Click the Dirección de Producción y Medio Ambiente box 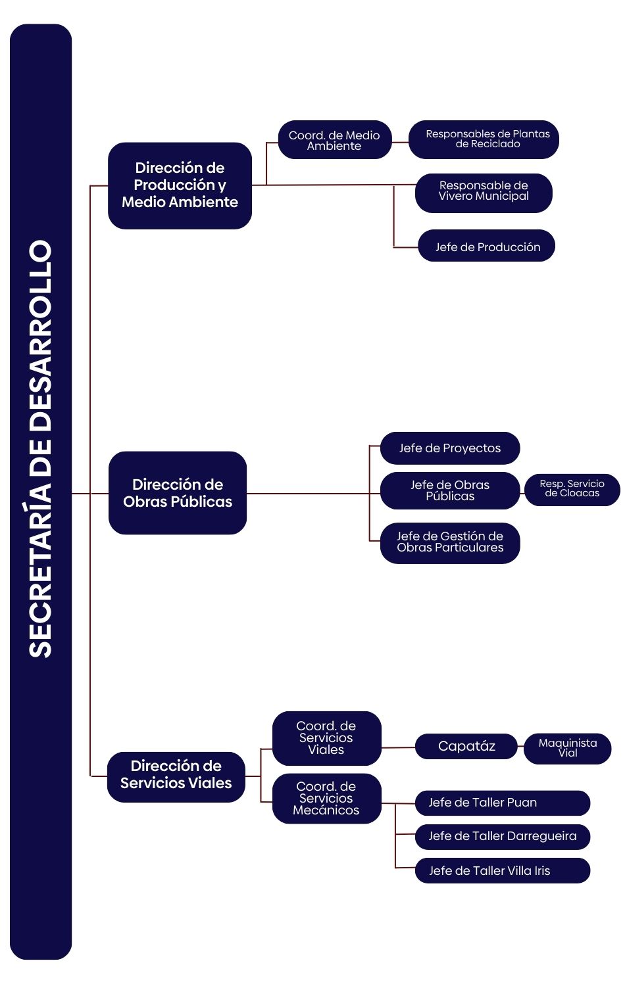180,185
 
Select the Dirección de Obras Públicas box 178,493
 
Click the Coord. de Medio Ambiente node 334,140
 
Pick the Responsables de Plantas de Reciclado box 484,139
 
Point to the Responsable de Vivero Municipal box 484,192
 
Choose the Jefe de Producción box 487,246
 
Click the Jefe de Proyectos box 450,448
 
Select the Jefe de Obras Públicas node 450,490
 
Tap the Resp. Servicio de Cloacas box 572,489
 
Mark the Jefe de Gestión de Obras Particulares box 450,542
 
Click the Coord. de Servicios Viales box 326,738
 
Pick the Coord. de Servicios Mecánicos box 326,799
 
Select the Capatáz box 466,747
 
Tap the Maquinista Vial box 567,749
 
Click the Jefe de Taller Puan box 502,803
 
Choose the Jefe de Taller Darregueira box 502,837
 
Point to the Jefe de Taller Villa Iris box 502,871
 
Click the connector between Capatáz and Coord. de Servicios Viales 398,747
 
